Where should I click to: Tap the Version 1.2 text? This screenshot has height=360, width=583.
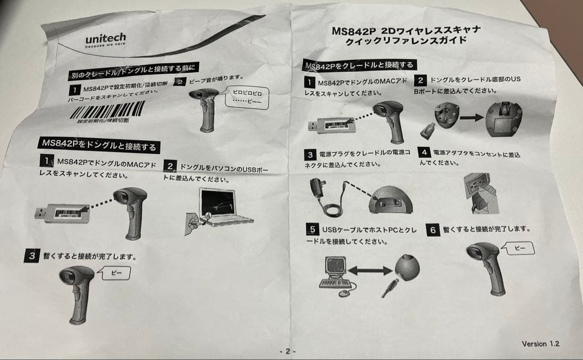(x=540, y=344)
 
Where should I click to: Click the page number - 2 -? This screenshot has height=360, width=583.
(x=287, y=351)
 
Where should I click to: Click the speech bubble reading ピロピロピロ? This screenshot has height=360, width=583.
(x=247, y=97)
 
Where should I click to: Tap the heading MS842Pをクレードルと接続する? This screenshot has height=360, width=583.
(x=360, y=65)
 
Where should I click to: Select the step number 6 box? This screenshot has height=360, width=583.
(x=433, y=229)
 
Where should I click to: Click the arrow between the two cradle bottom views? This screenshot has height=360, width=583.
(x=472, y=116)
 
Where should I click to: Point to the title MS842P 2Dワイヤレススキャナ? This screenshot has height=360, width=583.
(x=406, y=30)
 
